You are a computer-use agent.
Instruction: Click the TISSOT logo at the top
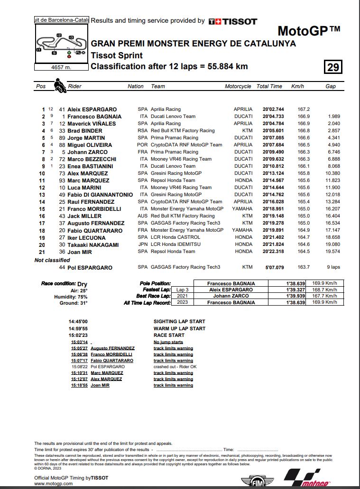point(233,21)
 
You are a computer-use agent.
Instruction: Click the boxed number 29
point(333,67)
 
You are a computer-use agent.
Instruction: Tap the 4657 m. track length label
point(61,67)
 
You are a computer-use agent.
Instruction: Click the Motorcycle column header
point(238,86)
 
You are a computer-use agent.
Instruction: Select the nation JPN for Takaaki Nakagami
point(142,244)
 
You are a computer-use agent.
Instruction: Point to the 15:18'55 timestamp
point(79,385)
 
